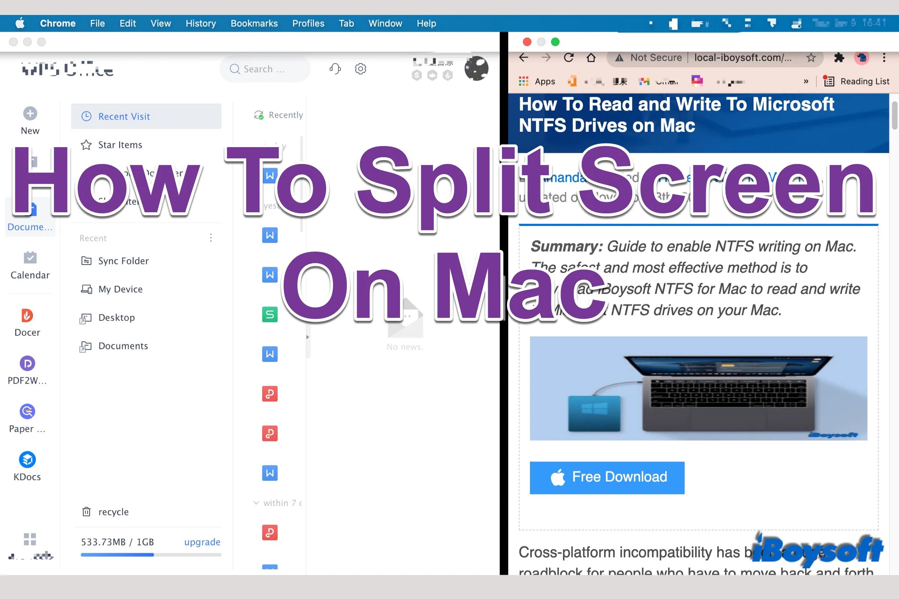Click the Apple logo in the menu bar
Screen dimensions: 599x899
point(20,23)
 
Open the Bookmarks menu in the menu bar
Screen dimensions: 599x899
point(254,23)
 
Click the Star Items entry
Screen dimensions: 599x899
point(119,145)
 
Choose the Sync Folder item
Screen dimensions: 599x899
point(123,261)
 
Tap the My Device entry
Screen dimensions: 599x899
point(120,289)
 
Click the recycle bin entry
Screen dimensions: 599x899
point(113,511)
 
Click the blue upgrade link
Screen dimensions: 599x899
point(202,542)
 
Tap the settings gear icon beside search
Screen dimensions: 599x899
point(360,69)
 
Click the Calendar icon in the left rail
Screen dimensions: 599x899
point(30,258)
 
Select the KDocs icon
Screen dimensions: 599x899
point(27,460)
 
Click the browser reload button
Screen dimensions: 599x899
point(568,58)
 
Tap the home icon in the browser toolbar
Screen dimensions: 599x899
point(591,58)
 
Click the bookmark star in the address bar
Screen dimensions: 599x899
point(811,58)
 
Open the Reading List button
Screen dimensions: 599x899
point(857,81)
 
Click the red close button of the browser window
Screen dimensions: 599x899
point(527,42)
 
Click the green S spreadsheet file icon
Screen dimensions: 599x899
point(269,314)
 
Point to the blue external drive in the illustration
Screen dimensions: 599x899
point(594,413)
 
